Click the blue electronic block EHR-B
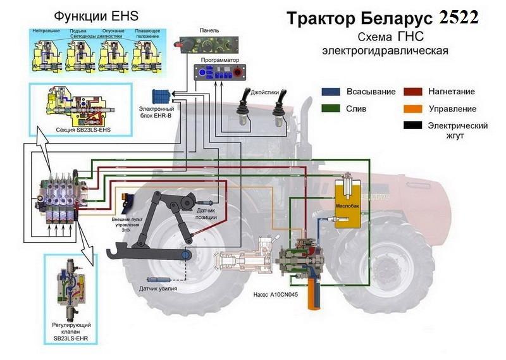tap(163, 97)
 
